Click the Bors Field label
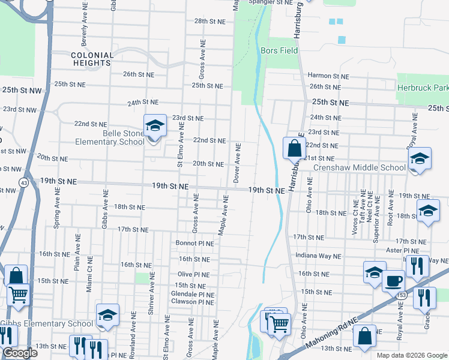click(279, 51)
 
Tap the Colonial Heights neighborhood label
click(91, 58)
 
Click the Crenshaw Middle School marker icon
click(420, 158)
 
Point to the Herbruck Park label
click(423, 88)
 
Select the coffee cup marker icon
click(394, 280)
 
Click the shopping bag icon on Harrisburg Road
click(294, 148)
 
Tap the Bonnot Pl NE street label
click(194, 243)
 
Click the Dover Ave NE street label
click(237, 163)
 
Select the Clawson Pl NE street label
click(193, 302)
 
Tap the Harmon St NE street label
click(328, 76)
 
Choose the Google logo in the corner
click(20, 353)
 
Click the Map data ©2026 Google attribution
click(411, 355)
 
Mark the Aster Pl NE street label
click(402, 250)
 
